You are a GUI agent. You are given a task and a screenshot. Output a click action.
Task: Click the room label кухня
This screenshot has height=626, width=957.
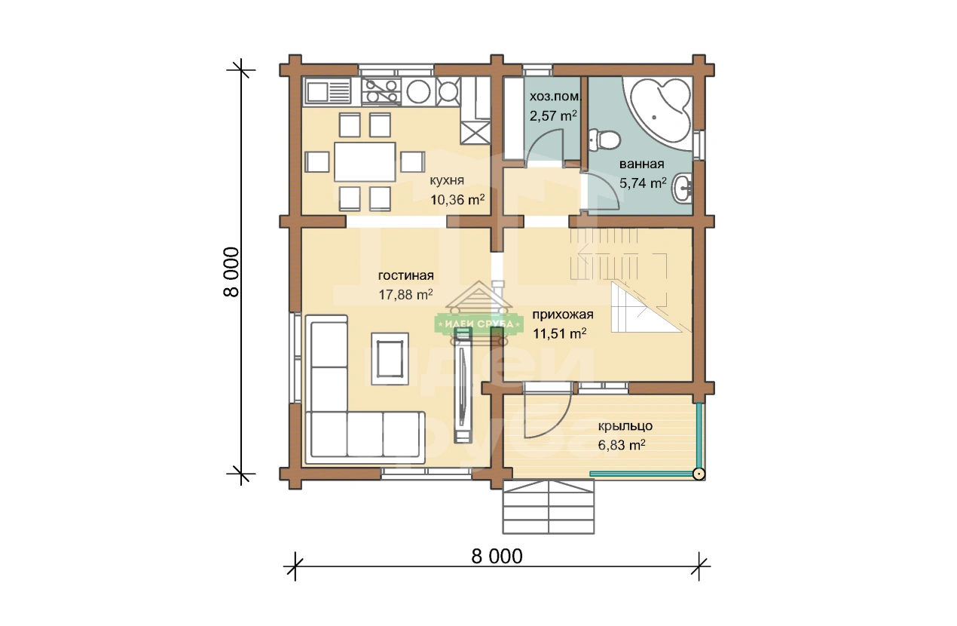point(446,180)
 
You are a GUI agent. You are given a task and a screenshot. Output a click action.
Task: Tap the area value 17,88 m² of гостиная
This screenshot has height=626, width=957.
point(405,294)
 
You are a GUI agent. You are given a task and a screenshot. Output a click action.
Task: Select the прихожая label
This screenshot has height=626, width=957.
point(563,315)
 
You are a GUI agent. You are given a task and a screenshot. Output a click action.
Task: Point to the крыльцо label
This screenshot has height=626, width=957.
point(625,426)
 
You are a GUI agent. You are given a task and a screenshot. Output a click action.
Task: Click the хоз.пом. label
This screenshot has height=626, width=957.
point(555,97)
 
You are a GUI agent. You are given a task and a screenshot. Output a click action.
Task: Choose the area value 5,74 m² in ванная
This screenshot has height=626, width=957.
point(643,183)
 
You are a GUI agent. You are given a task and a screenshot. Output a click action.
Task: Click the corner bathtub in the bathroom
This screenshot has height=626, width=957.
point(656,113)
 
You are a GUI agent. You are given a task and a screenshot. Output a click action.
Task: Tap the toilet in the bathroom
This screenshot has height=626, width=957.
point(604,140)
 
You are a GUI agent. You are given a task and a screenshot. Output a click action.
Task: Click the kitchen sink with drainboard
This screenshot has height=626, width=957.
point(327,91)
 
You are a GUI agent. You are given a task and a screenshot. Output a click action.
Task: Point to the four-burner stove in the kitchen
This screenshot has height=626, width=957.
point(381,91)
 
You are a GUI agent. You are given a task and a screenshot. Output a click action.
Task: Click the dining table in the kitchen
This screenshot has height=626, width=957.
point(365,162)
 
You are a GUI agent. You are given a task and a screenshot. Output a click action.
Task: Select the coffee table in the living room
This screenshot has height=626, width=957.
point(390,359)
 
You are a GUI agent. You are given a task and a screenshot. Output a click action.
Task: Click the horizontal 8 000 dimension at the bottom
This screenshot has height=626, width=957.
point(497,557)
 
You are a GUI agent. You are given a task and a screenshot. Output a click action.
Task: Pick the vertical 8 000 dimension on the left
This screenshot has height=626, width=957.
point(231,272)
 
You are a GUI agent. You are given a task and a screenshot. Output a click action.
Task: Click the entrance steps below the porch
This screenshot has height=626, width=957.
point(548,506)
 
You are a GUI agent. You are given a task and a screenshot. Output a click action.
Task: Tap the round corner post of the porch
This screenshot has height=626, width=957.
point(699,474)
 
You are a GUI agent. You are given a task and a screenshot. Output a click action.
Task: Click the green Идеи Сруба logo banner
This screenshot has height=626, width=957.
point(479,324)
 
